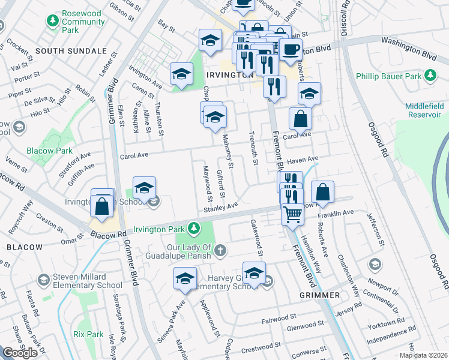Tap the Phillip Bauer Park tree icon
point(430,76)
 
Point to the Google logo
point(20,353)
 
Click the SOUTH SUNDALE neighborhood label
point(65,51)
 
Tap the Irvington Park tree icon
point(193,228)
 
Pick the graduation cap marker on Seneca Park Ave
point(185,279)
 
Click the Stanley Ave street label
point(220,207)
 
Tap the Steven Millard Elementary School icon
point(43,280)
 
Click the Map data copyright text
point(424,355)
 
